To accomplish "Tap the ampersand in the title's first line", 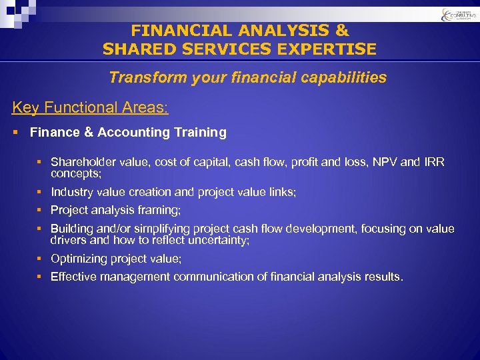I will pyautogui.click(x=340, y=31).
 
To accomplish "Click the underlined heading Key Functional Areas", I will pyautogui.click(x=90, y=108).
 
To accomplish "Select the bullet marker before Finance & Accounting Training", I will pyautogui.click(x=15, y=132).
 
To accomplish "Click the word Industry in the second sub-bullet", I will pyautogui.click(x=73, y=192).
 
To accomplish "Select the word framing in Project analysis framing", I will pyautogui.click(x=160, y=210).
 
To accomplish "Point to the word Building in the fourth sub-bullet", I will pyautogui.click(x=72, y=229).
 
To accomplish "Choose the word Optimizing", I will pyautogui.click(x=79, y=259).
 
